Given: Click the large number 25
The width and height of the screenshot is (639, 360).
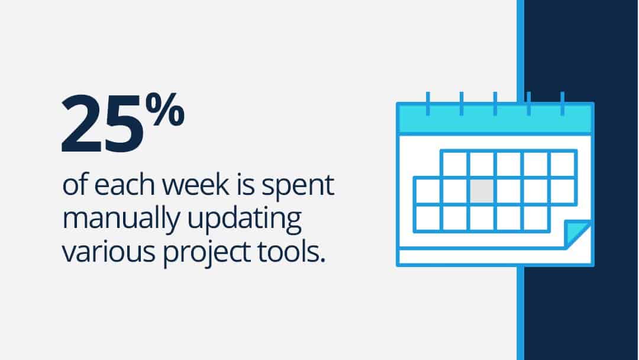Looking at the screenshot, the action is tap(102, 124).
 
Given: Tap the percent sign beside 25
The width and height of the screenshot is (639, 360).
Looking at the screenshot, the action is tap(164, 109).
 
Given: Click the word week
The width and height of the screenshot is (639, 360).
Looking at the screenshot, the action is tap(196, 185).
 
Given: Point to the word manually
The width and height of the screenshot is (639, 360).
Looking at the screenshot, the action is tap(120, 221).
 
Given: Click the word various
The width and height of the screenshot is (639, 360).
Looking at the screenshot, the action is tap(108, 252).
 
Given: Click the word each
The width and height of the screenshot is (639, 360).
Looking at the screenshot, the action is tap(124, 185).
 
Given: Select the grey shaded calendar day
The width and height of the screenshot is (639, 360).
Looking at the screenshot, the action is tap(482, 191).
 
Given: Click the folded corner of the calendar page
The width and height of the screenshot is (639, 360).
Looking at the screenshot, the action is tap(578, 234).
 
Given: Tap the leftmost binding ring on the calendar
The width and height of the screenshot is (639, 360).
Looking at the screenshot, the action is tap(428, 104).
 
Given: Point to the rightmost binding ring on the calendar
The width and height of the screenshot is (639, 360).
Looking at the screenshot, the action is tap(563, 104).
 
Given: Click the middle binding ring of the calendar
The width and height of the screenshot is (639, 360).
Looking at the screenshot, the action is tap(495, 104).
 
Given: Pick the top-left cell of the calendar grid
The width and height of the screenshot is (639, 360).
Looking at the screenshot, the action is tap(454, 164).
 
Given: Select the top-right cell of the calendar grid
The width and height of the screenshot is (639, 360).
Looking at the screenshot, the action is tap(563, 164).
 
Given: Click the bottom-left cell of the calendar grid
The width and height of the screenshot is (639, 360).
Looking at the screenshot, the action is tap(428, 218).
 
